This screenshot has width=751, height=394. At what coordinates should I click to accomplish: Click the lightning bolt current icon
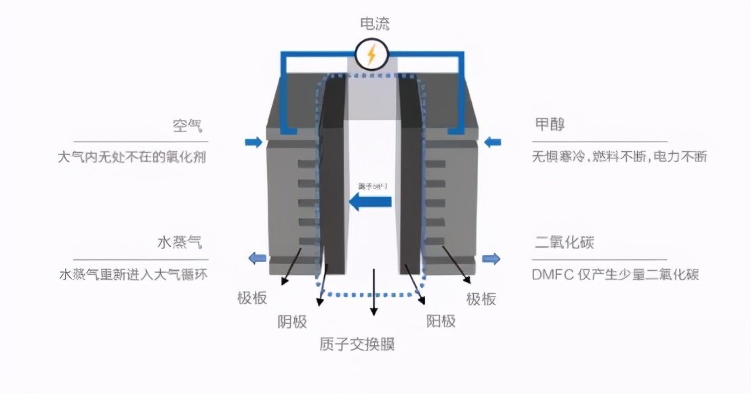[x=371, y=54]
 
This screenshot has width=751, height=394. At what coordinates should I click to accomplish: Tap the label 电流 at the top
[x=375, y=24]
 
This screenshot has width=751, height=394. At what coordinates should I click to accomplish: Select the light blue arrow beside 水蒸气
[x=256, y=257]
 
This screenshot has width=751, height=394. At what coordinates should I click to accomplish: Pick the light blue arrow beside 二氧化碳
[x=491, y=258]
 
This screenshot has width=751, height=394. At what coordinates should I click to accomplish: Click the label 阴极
[x=293, y=322]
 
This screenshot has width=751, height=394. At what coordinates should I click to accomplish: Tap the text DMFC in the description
[x=551, y=275]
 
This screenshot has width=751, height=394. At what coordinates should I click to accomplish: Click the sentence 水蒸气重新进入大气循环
[x=133, y=275]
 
